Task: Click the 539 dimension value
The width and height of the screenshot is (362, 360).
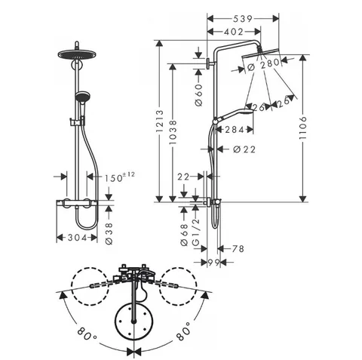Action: click(242, 19)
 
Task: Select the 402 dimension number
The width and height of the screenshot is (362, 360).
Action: click(234, 32)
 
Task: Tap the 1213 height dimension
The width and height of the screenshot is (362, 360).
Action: click(160, 121)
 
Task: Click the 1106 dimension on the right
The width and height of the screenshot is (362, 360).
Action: click(303, 128)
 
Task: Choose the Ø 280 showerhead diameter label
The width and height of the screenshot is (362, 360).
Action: click(263, 64)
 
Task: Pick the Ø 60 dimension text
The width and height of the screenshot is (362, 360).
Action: click(198, 95)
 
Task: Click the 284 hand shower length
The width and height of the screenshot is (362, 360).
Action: click(235, 130)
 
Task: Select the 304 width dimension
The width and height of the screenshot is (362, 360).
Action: click(77, 238)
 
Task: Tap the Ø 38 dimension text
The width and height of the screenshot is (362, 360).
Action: click(109, 234)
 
